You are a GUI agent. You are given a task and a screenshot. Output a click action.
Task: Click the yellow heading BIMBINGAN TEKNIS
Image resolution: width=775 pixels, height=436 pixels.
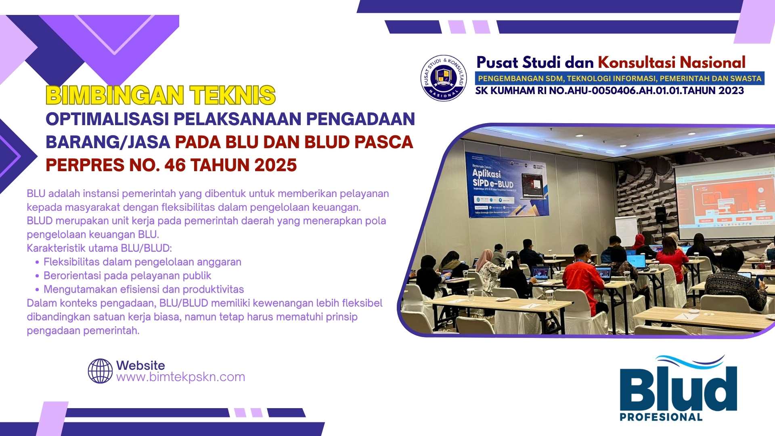tap(161, 96)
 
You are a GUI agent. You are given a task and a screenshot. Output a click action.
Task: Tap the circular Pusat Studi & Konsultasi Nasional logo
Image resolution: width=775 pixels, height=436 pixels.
tap(443, 78)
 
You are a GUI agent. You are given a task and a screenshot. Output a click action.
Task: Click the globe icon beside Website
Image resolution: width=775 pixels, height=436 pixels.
tap(100, 371)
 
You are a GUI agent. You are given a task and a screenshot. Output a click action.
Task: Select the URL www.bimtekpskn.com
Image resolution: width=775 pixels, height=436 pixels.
tap(180, 377)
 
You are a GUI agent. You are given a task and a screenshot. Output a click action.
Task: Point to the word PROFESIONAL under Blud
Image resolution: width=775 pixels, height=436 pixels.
tap(661, 417)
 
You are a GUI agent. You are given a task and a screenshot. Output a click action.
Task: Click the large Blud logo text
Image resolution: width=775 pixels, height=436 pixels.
tap(678, 388)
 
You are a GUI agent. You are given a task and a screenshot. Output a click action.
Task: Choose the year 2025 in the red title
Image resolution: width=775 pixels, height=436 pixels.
tap(276, 165)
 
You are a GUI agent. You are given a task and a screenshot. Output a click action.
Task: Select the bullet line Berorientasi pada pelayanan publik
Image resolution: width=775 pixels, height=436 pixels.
tap(127, 276)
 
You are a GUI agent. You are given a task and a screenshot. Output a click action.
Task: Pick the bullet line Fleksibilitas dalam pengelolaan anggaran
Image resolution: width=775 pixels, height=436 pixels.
tap(142, 262)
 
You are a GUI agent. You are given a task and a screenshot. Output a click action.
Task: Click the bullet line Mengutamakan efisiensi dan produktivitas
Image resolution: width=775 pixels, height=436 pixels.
tap(144, 289)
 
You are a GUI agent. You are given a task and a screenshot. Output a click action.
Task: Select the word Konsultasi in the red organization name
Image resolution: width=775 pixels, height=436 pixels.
tap(636, 63)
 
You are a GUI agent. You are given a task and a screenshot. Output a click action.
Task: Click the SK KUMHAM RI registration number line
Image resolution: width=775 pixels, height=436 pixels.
tap(610, 91)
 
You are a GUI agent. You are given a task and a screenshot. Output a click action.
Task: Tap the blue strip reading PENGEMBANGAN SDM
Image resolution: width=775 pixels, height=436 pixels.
tap(620, 78)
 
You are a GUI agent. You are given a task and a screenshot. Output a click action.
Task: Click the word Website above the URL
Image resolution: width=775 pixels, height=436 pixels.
tap(140, 365)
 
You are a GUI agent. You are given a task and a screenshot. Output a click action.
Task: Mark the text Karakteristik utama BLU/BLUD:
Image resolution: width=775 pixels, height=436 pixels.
tap(99, 248)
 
